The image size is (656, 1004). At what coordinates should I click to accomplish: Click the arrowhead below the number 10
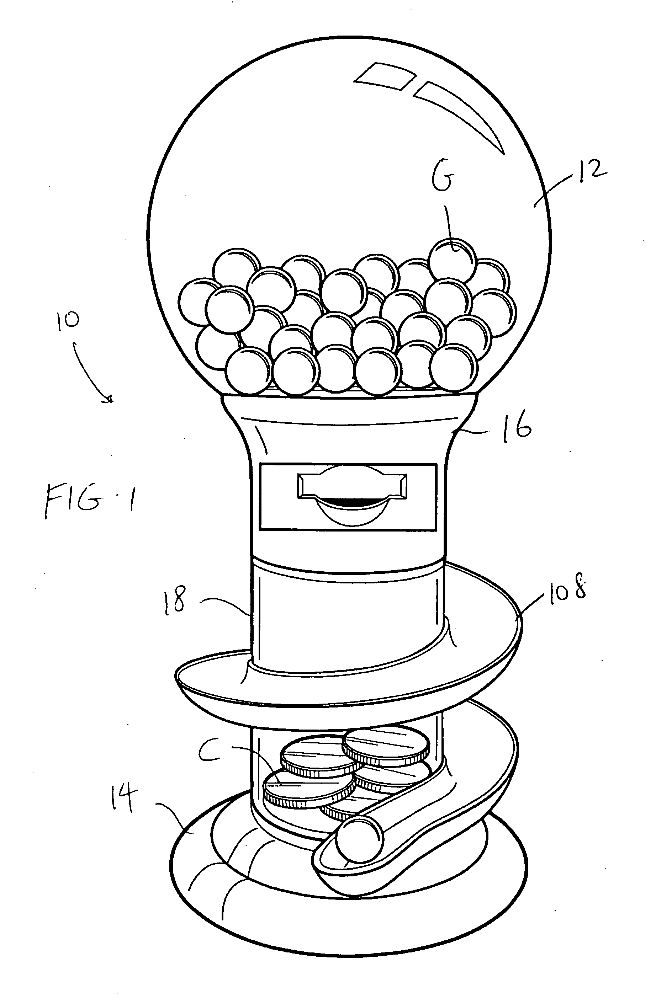109,398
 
